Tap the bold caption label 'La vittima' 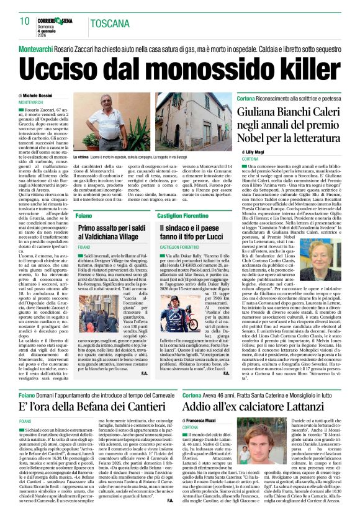click(x=82, y=158)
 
